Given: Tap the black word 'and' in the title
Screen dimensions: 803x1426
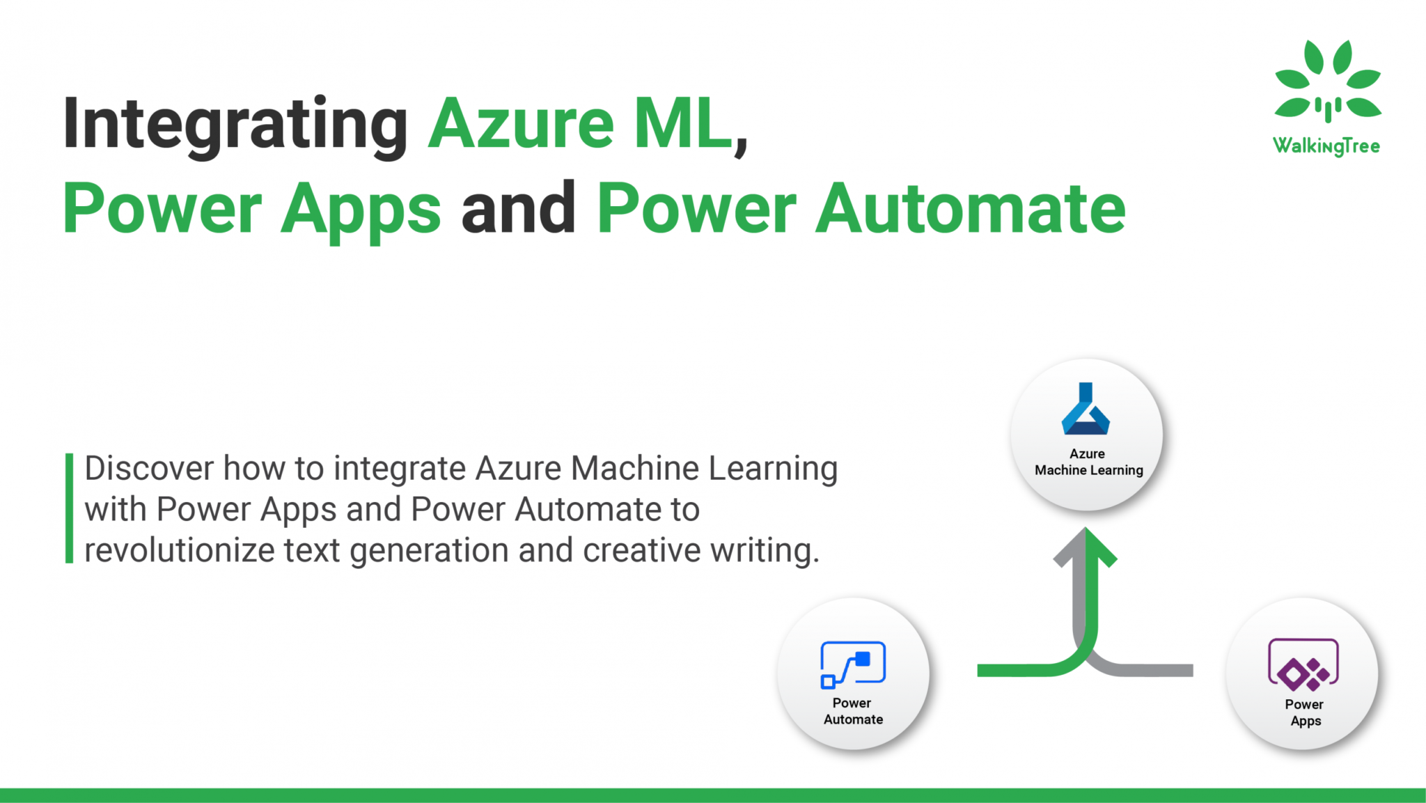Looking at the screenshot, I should click(x=519, y=208).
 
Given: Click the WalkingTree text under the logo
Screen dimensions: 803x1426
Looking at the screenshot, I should click(x=1326, y=146).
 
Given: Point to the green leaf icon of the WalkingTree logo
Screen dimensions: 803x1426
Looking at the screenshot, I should click(x=1327, y=80).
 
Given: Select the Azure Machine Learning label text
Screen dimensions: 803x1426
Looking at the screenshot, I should click(x=1088, y=462).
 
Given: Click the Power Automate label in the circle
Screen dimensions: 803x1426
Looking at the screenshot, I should click(x=853, y=711).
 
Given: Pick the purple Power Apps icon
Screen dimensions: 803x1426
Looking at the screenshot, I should click(x=1303, y=664).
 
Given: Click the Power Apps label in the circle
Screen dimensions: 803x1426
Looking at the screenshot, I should click(x=1305, y=712).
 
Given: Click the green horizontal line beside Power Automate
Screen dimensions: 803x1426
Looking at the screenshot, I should click(x=1017, y=670).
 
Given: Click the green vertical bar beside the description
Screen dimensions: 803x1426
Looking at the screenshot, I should click(x=69, y=508).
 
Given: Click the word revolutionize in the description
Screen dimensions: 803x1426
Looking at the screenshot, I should click(x=180, y=550).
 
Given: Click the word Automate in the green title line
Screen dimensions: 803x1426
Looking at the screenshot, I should click(x=971, y=208).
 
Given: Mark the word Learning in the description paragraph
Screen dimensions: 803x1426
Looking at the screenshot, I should click(x=773, y=468).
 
